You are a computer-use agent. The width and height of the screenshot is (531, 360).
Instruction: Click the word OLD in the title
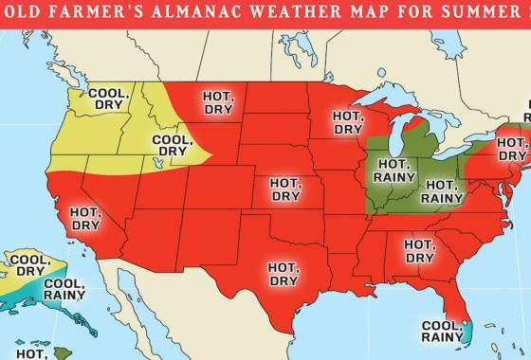click(39, 17)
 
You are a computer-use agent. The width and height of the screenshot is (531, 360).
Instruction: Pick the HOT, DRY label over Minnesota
click(348, 122)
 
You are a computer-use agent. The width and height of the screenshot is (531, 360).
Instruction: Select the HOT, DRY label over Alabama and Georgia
click(419, 250)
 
